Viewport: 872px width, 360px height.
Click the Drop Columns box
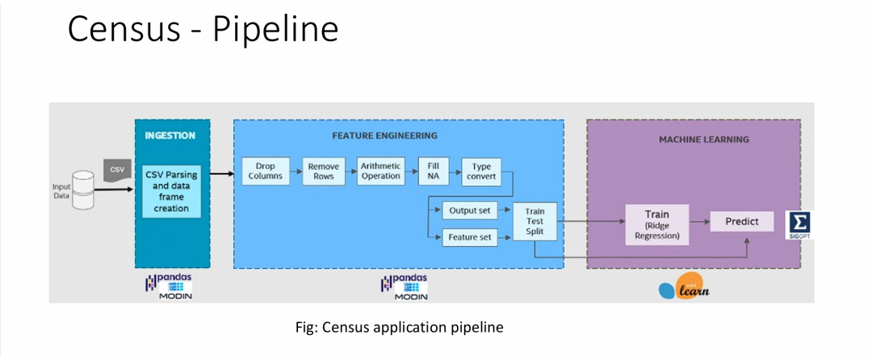pos(266,171)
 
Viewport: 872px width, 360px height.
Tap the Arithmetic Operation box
pos(380,171)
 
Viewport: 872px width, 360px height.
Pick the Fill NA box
pos(434,171)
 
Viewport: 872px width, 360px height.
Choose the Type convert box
pos(481,171)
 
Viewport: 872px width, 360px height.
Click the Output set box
pos(469,211)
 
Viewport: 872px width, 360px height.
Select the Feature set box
pos(469,237)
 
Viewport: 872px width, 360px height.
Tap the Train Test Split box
pos(535,221)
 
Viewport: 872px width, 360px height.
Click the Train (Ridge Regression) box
pos(656,224)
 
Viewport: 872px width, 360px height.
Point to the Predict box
pos(742,221)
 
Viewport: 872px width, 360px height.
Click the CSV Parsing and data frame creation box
pos(171,191)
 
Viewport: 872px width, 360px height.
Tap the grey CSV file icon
pos(116,170)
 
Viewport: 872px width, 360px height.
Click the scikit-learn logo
pos(684,287)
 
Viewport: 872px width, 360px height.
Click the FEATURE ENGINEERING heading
pos(385,135)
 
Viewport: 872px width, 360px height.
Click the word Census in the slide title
pos(124,29)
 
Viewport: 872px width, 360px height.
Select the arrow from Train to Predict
pos(699,221)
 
